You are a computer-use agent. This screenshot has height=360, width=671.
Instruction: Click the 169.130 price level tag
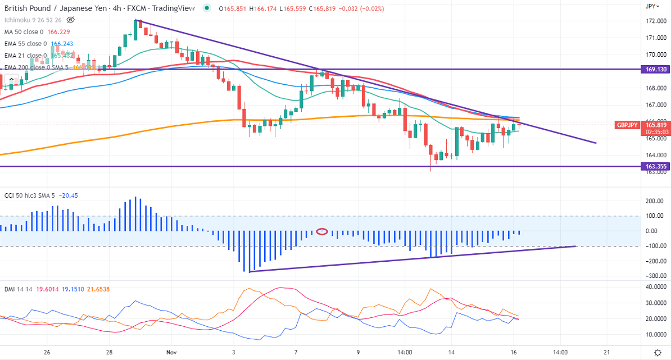coord(655,70)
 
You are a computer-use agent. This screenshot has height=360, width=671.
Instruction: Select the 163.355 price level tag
coord(655,166)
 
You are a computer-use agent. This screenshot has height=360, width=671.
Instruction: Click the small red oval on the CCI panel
coord(322,231)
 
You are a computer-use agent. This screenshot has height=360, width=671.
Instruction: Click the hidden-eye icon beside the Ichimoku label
coord(70,20)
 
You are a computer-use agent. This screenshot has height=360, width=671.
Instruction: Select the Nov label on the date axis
coord(171,352)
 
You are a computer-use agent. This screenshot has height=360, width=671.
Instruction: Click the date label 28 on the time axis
coord(110,352)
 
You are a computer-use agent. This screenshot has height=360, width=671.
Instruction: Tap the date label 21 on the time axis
coord(606,352)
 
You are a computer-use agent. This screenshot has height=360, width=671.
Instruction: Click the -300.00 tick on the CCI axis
coord(653,276)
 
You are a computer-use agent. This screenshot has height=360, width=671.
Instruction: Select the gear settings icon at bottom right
coord(658,352)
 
